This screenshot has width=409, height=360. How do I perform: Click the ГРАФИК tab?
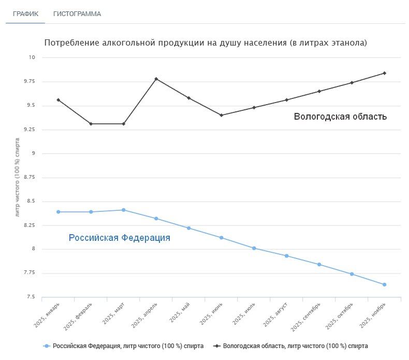(25, 14)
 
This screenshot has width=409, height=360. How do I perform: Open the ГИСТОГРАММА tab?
(77, 14)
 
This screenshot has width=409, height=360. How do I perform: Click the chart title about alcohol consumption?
(206, 43)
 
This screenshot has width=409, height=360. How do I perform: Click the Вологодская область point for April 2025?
(156, 79)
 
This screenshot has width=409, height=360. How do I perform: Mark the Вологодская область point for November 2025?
(384, 73)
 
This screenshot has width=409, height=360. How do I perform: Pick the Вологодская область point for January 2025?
(59, 100)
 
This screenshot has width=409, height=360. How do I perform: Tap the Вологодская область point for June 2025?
(222, 115)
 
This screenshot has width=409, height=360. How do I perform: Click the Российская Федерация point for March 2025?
(124, 210)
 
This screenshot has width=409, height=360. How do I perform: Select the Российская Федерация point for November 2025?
(384, 284)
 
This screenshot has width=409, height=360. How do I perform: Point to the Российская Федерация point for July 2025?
(254, 248)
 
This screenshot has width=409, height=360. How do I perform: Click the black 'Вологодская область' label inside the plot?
(340, 117)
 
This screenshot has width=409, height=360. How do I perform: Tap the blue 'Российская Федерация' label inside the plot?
(120, 238)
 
